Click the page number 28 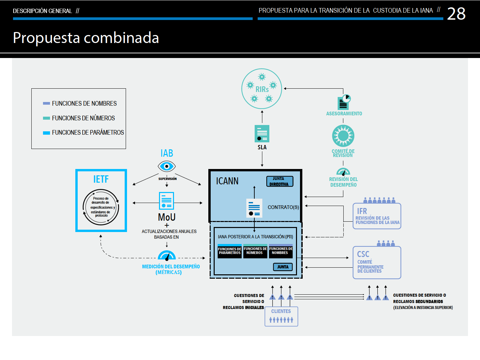[x=456, y=14]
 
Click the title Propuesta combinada [x=86, y=38]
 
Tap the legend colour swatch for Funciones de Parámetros [x=46, y=133]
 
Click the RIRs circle [x=262, y=89]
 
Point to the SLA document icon [x=262, y=134]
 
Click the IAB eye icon [x=167, y=166]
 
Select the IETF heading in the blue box [x=101, y=179]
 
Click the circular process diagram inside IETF [x=101, y=207]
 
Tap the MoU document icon [x=166, y=201]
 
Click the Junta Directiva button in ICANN [x=280, y=181]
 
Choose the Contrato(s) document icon [x=254, y=208]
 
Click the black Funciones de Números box [x=255, y=251]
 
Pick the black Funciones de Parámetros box [x=230, y=251]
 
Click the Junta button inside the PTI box [x=283, y=267]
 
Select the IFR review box [x=377, y=216]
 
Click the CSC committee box [x=377, y=263]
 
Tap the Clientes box [x=281, y=317]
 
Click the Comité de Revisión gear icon [x=343, y=136]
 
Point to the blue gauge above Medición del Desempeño [x=167, y=255]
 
